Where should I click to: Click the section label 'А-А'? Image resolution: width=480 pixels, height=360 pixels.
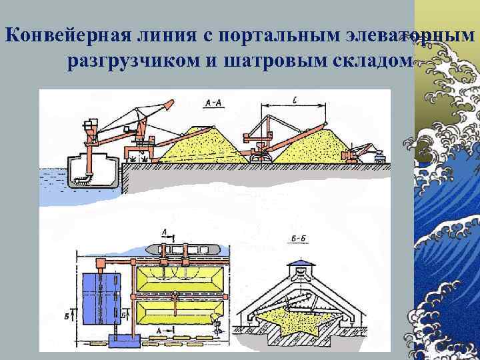215,102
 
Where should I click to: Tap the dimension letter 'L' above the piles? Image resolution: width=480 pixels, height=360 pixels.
294,101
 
